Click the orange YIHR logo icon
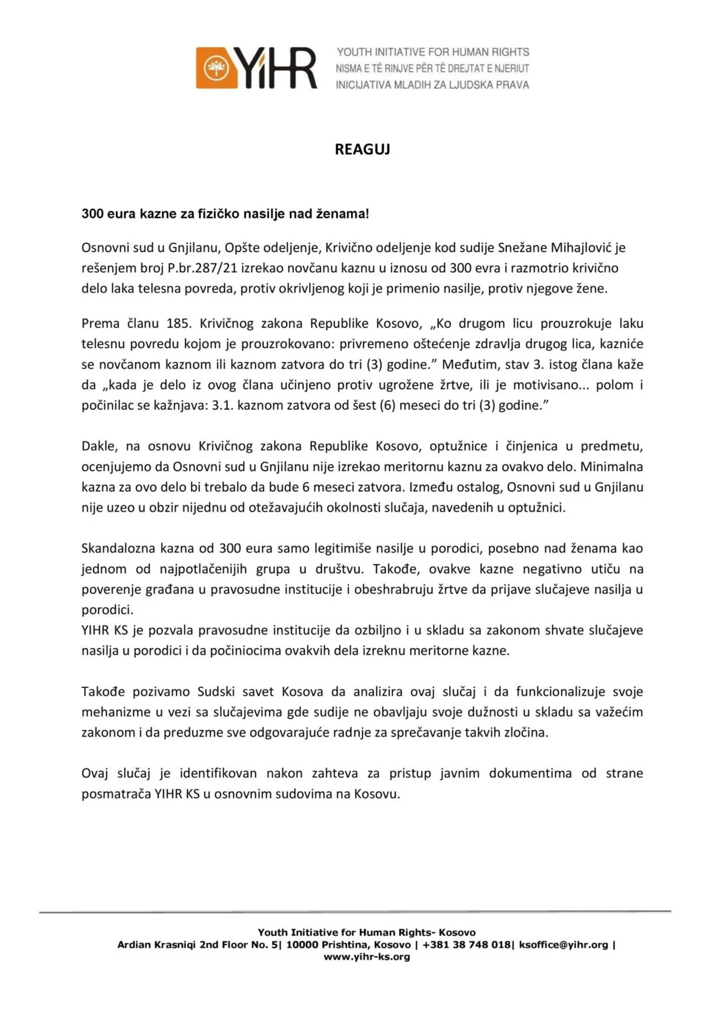pos(215,68)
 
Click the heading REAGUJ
pos(362,149)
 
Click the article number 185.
pos(178,323)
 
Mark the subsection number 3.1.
pos(222,405)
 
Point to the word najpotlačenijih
pos(203,569)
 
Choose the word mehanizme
pos(115,712)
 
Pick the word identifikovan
pos(218,773)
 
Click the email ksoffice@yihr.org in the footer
pos(563,945)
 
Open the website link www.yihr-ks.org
pos(367,957)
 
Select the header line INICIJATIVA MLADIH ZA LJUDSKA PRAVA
pos(432,85)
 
